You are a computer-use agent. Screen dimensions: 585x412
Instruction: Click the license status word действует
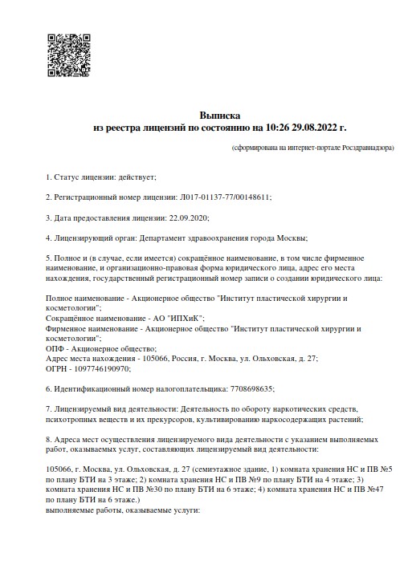[137, 176]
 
